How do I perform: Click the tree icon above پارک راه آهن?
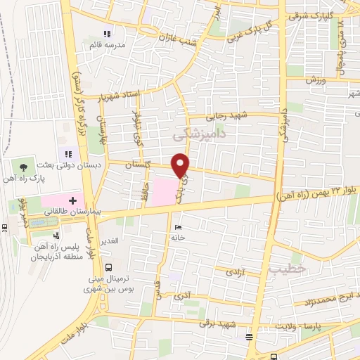click(x=25, y=167)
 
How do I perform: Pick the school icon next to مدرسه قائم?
click(x=107, y=34)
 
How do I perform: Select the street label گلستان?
click(x=139, y=164)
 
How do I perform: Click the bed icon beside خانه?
click(x=177, y=227)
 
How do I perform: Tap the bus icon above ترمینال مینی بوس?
click(x=108, y=267)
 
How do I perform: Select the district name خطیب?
click(x=288, y=268)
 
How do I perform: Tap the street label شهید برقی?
click(x=214, y=323)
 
